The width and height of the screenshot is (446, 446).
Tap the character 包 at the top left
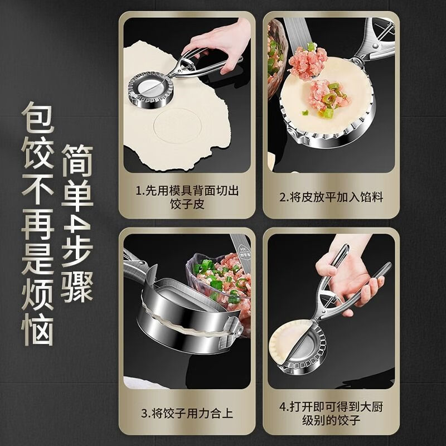(38, 119)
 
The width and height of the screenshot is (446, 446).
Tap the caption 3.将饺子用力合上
(187, 414)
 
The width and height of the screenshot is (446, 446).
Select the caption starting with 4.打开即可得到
(331, 414)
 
